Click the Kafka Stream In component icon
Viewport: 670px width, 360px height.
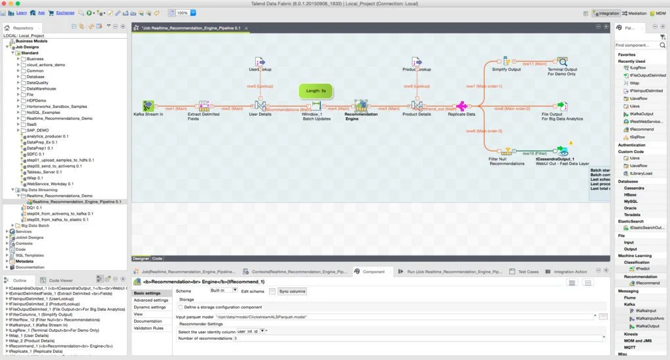tap(149, 106)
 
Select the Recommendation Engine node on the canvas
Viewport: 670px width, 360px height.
tap(361, 106)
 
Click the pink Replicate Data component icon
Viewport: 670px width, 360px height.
tap(462, 106)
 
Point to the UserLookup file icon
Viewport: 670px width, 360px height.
tap(260, 62)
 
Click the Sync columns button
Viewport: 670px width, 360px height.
tap(292, 291)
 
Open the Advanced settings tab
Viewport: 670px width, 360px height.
tap(151, 300)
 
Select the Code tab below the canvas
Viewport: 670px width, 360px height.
tap(158, 258)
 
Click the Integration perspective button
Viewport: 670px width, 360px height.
tap(605, 13)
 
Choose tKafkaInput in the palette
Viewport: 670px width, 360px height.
tap(645, 310)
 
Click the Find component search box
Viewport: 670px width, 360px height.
tap(640, 45)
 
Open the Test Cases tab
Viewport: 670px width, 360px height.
tap(528, 271)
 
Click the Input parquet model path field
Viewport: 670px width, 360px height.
tap(386, 317)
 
